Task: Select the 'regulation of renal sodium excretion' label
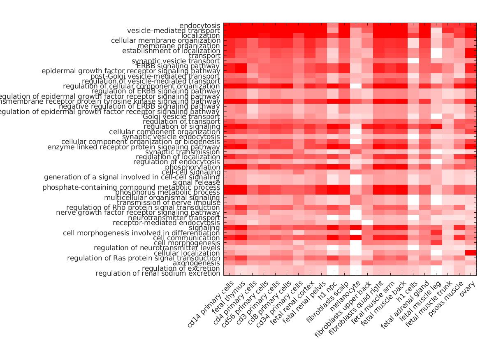[x=158, y=274]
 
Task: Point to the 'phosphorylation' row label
[x=192, y=167]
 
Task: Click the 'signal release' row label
[x=196, y=183]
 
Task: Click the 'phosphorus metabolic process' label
[x=167, y=193]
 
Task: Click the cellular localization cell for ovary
[x=471, y=253]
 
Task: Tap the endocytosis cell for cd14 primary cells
[x=229, y=26]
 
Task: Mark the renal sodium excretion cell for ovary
[x=471, y=273]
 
